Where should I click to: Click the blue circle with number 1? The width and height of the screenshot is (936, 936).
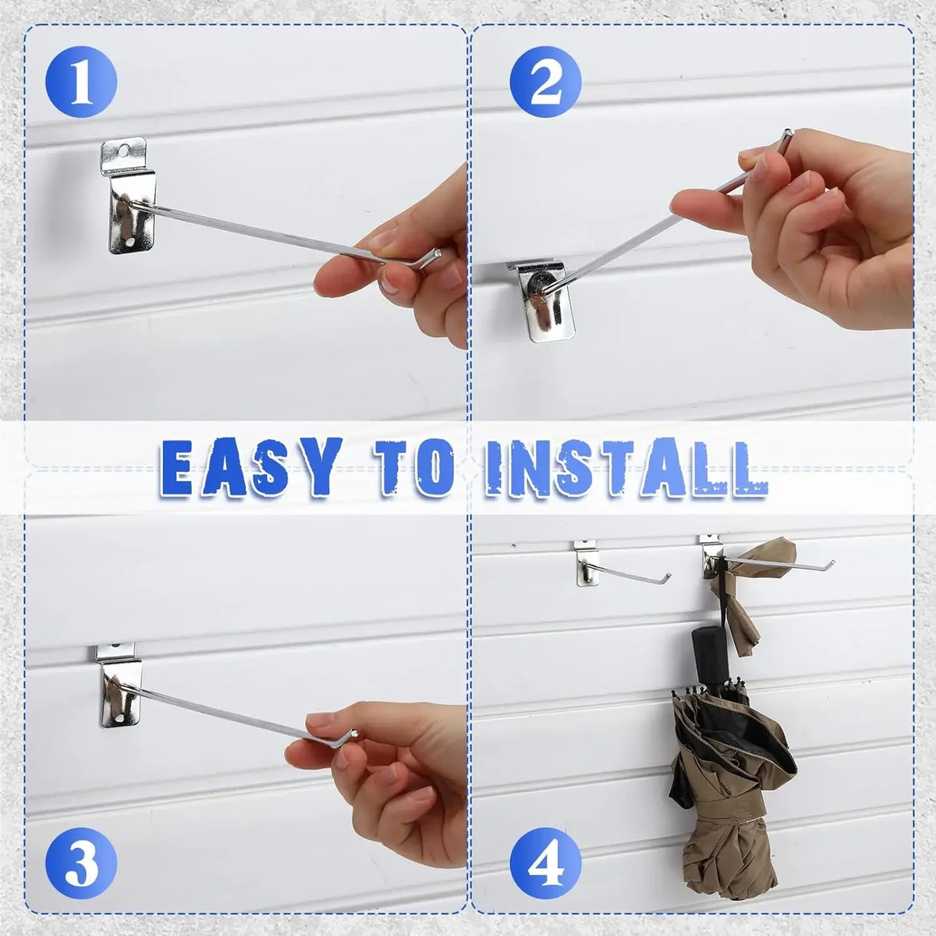81,82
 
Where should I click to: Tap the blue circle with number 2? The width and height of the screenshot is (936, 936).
545,82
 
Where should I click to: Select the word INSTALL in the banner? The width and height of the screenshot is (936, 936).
626,467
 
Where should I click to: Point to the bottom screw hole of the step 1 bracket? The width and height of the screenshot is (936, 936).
130,241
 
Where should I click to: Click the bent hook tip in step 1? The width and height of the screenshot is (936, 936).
438,252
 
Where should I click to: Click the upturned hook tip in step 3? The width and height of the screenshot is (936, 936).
355,733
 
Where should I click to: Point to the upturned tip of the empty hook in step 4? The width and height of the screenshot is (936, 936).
668,576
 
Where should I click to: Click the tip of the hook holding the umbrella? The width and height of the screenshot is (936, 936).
832,563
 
